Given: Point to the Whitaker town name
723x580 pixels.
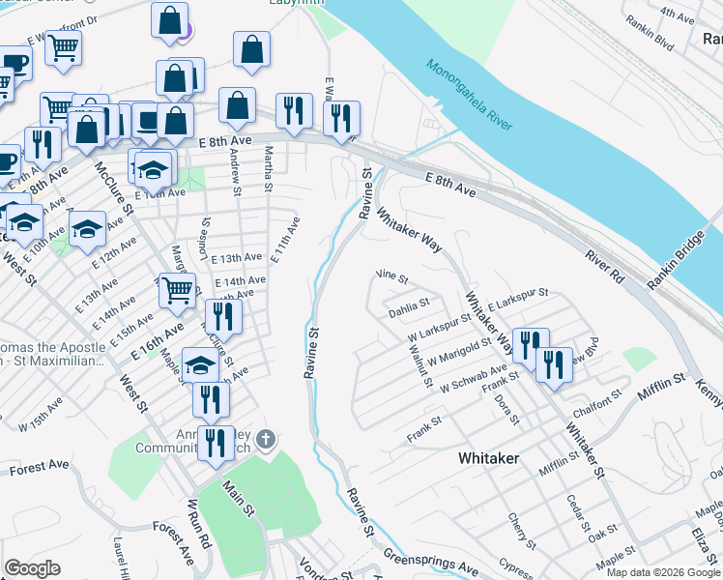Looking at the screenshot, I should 488,457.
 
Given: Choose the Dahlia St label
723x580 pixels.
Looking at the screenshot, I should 408,304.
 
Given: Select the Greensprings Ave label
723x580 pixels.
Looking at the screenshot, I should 430,560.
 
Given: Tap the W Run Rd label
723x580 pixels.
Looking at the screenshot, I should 200,523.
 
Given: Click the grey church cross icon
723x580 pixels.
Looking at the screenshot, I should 267,441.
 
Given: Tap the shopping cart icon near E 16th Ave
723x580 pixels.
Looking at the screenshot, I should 177,288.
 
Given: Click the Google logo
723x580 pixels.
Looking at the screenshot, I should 32,567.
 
